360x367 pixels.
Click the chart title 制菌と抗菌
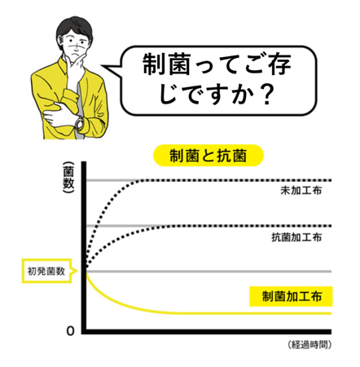[x=209, y=156]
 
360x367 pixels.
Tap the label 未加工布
[x=301, y=190]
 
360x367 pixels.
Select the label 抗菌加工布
[x=296, y=237]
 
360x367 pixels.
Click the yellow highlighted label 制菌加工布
[x=291, y=296]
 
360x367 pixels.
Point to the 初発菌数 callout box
[x=46, y=271]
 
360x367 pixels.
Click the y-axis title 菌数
[x=68, y=178]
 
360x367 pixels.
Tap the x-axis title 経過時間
[x=310, y=345]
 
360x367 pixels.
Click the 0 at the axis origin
[x=70, y=331]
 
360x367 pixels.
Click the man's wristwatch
[x=79, y=122]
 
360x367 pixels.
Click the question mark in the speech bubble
[x=267, y=95]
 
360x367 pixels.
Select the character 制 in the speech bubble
[x=154, y=64]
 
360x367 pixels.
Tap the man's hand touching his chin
[x=77, y=64]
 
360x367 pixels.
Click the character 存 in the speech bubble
[x=280, y=64]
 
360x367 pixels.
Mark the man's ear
[x=60, y=41]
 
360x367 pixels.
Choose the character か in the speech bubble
[x=244, y=95]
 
